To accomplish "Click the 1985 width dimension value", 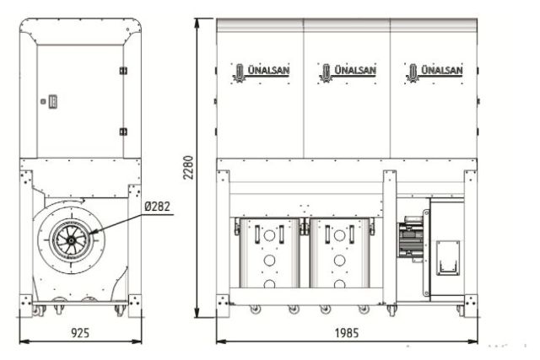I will click(344, 333).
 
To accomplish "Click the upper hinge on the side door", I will click(123, 70).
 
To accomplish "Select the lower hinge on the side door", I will click(123, 132).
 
